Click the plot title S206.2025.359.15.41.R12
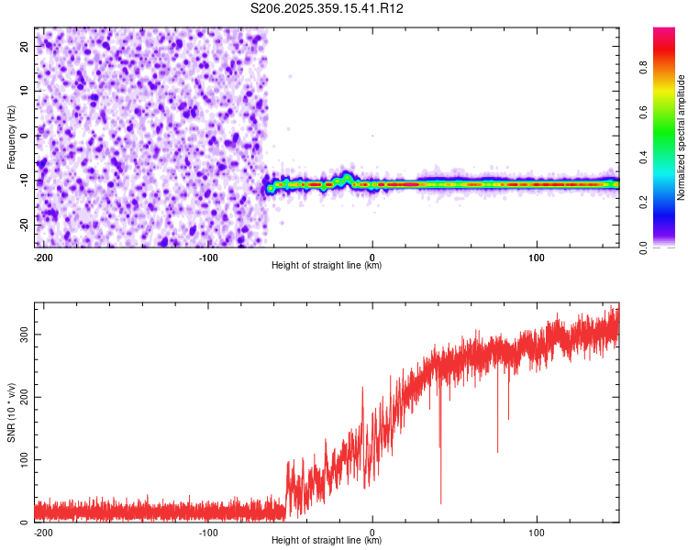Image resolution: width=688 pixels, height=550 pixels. point(327,8)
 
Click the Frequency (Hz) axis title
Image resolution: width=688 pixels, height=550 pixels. point(11,137)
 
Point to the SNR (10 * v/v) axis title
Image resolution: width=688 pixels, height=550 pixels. point(11,412)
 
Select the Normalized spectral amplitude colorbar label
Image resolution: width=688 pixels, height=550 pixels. point(682,137)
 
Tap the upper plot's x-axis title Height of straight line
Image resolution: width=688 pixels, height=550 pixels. point(327,265)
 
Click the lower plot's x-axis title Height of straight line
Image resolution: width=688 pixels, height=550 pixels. point(327,540)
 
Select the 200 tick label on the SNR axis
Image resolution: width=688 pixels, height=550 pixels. point(21,397)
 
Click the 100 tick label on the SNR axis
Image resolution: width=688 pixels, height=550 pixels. point(21,459)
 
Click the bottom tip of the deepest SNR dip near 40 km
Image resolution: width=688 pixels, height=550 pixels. point(440,503)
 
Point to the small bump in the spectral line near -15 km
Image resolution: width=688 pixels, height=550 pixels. point(348,176)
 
